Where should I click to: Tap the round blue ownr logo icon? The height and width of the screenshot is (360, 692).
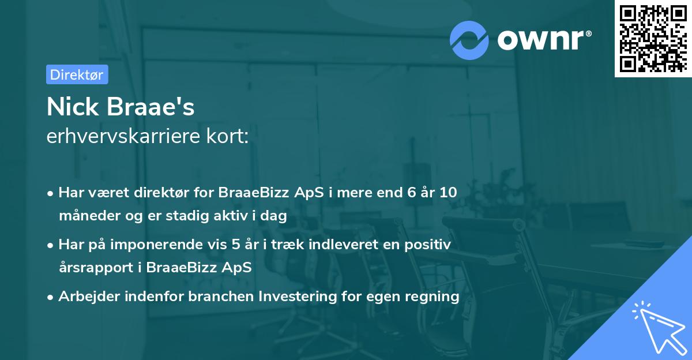469,40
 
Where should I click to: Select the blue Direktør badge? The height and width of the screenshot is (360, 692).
77,74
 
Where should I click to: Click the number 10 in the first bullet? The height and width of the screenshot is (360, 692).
447,193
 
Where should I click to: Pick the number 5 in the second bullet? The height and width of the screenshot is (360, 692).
235,245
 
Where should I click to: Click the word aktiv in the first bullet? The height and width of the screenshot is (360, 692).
227,216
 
